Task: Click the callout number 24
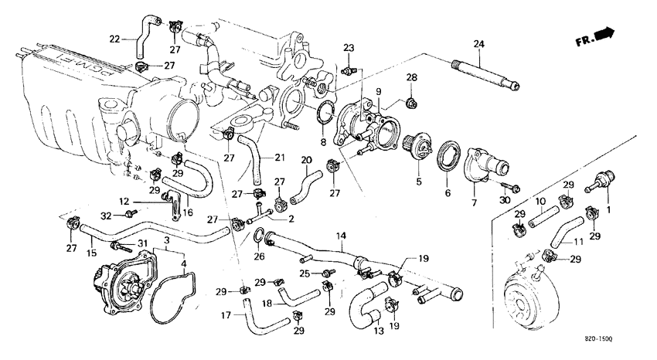(478, 43)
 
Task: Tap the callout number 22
(114, 39)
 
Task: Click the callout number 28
(412, 77)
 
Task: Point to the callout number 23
(349, 48)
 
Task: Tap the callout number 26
(259, 256)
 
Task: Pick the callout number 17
(226, 314)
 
